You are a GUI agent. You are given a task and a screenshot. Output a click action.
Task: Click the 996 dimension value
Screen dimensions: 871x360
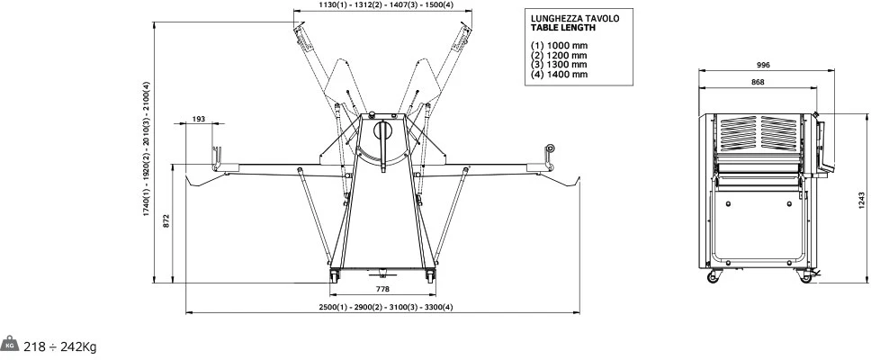pos(763,65)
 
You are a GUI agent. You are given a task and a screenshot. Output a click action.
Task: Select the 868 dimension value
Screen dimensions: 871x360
pos(758,82)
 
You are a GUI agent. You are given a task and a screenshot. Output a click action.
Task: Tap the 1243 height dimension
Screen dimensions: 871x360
pos(862,200)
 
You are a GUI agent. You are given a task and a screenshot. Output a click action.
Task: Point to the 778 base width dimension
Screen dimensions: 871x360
pos(382,289)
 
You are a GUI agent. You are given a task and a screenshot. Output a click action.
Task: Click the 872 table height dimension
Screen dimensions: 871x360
pos(166,220)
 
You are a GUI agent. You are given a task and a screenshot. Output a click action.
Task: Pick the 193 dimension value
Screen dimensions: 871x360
pos(199,118)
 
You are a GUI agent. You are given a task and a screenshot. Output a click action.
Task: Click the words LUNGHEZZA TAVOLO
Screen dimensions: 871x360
pos(575,18)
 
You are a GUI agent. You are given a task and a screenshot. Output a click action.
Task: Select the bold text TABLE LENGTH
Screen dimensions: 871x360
pos(562,27)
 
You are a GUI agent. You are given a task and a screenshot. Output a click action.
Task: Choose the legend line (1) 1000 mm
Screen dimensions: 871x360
pos(559,46)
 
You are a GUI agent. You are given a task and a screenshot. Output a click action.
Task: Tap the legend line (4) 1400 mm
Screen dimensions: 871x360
pos(559,75)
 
